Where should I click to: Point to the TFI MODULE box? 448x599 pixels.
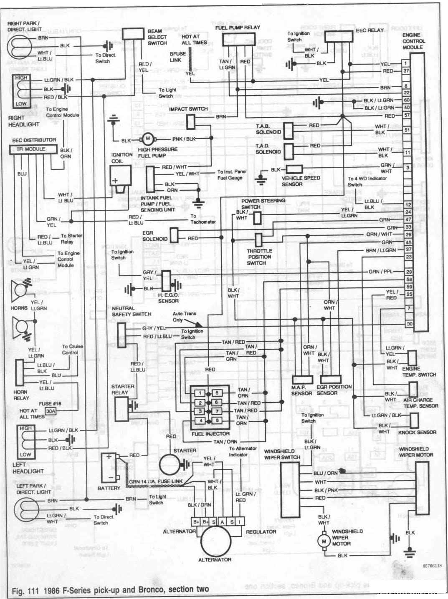pos(33,149)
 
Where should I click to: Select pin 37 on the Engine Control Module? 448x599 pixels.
pos(407,71)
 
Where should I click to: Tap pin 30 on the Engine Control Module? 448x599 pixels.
pos(409,324)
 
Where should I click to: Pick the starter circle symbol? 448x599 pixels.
pos(169,465)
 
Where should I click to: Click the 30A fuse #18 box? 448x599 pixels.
pos(51,411)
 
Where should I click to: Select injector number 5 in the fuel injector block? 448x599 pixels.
pos(217,393)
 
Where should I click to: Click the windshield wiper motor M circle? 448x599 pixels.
pos(324,541)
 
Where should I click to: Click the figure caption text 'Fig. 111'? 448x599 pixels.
pos(23,590)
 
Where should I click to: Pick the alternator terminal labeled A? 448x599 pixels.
pos(222,522)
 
